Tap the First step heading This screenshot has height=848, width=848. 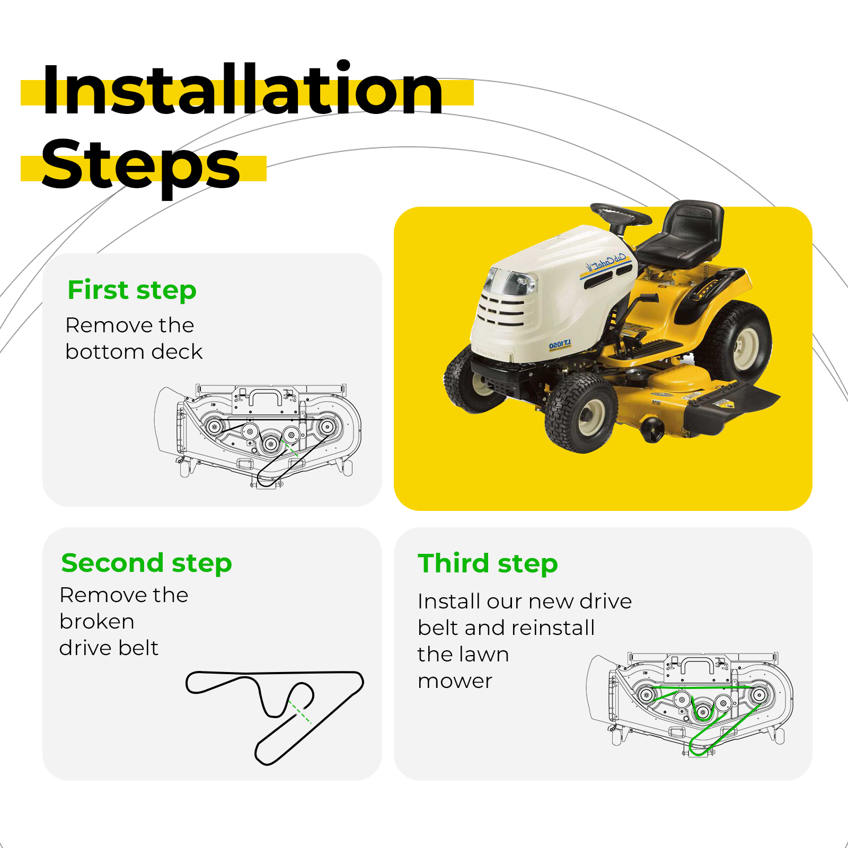tap(132, 290)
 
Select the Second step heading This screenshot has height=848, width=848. tap(147, 563)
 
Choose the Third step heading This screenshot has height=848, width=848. tap(488, 563)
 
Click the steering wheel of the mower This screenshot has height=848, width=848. tap(621, 214)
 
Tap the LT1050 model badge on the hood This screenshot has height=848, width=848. tap(560, 345)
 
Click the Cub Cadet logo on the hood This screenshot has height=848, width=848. tap(606, 262)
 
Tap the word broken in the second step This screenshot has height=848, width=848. tap(97, 621)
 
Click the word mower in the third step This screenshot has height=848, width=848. tap(455, 682)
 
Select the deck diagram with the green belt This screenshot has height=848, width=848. tap(690, 704)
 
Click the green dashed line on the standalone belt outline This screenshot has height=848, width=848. tap(301, 713)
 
